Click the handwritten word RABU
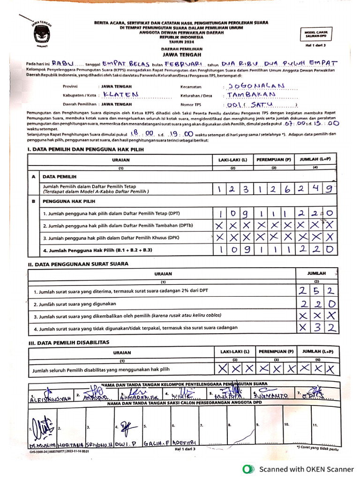click(63, 63)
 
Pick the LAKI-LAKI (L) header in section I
click(232, 159)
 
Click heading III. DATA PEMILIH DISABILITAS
click(68, 342)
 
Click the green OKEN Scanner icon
click(247, 469)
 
